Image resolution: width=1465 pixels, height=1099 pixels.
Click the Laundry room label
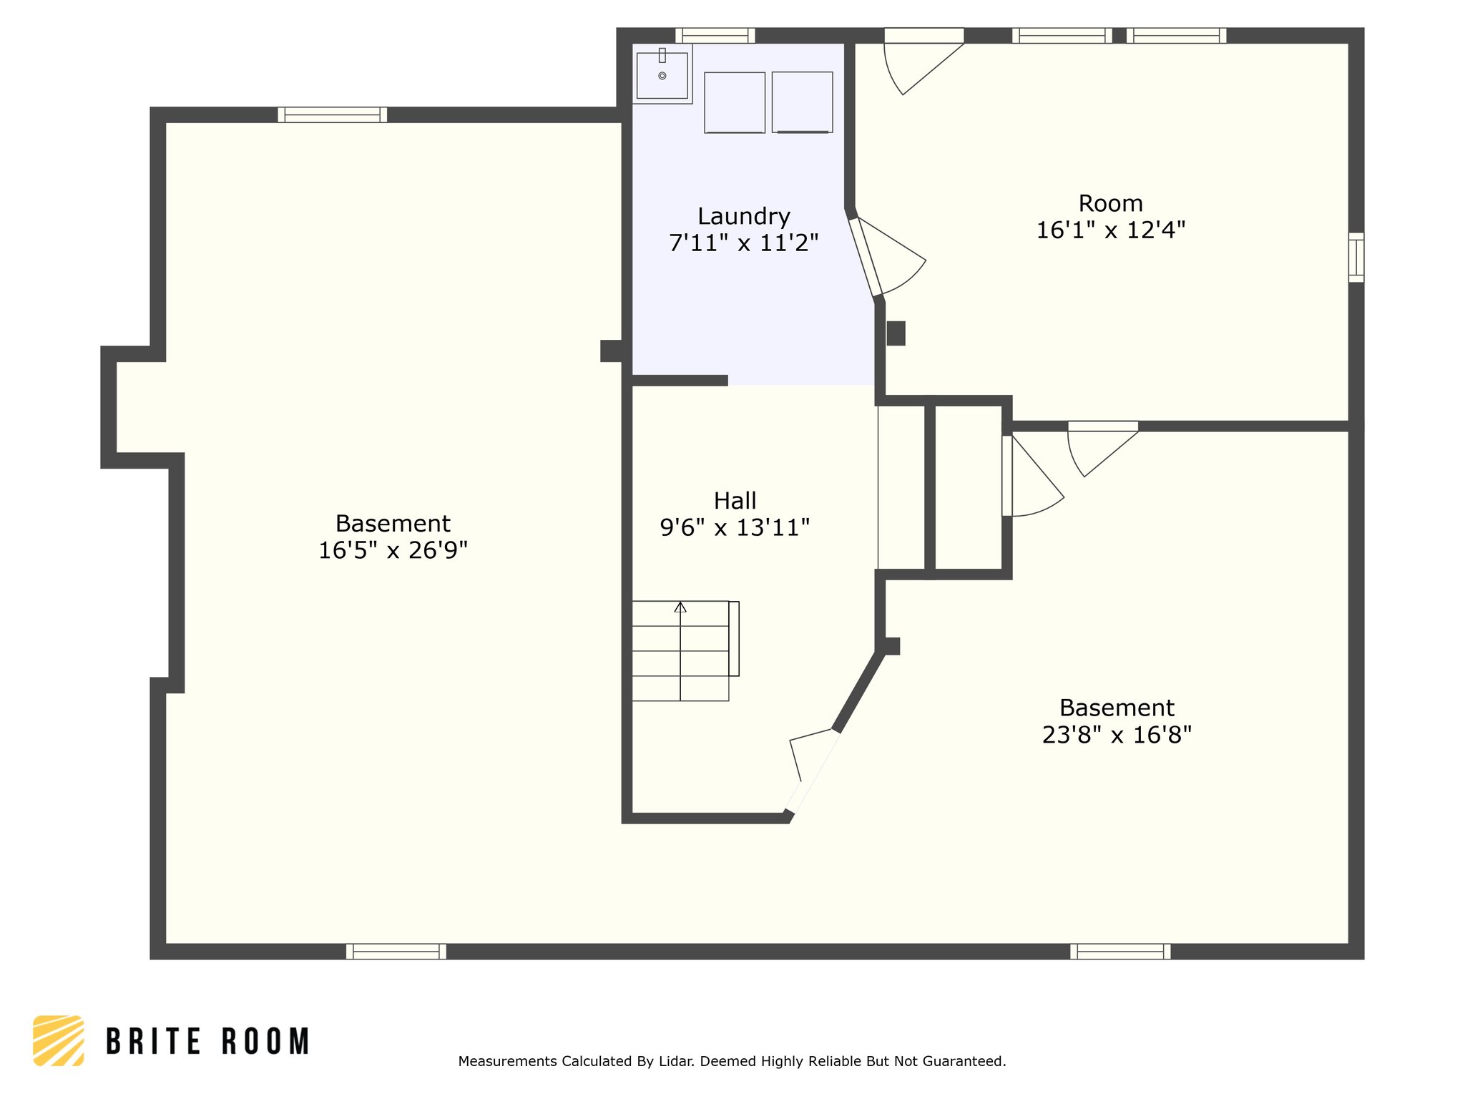pyautogui.click(x=743, y=216)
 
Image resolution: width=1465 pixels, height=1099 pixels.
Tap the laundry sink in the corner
pyautogui.click(x=662, y=74)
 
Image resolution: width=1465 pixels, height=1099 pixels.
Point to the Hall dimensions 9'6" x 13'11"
pyautogui.click(x=735, y=527)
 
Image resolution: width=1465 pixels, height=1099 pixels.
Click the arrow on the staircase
pyautogui.click(x=680, y=607)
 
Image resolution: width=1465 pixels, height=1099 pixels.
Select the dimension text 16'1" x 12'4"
pyautogui.click(x=1110, y=230)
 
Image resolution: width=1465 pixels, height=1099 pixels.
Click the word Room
pyautogui.click(x=1110, y=203)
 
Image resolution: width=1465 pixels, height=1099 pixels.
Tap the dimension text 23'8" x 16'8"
pyautogui.click(x=1117, y=735)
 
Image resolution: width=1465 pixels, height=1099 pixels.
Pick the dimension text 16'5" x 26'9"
pyautogui.click(x=393, y=550)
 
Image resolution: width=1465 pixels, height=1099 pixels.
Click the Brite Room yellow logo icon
pyautogui.click(x=59, y=1040)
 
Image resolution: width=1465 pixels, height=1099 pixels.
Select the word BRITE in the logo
pyautogui.click(x=154, y=1041)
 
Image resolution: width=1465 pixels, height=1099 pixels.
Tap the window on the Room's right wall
pyautogui.click(x=1356, y=257)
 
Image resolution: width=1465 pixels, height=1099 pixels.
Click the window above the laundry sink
pyautogui.click(x=715, y=35)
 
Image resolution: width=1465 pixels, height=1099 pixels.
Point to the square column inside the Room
pyautogui.click(x=896, y=333)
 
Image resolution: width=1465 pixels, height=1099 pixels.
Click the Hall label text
pyautogui.click(x=735, y=500)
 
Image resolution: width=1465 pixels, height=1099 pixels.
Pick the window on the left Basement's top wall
pyautogui.click(x=333, y=114)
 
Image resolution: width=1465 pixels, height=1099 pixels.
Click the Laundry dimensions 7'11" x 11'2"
pyautogui.click(x=743, y=243)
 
